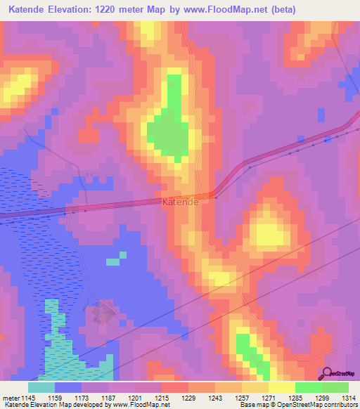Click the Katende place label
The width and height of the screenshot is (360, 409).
(x=180, y=202)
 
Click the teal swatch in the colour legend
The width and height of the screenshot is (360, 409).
(x=41, y=387)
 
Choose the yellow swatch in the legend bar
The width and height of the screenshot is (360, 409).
(x=281, y=387)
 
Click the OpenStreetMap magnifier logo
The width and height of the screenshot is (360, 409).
(x=327, y=374)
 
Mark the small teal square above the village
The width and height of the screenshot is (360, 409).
(x=112, y=262)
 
